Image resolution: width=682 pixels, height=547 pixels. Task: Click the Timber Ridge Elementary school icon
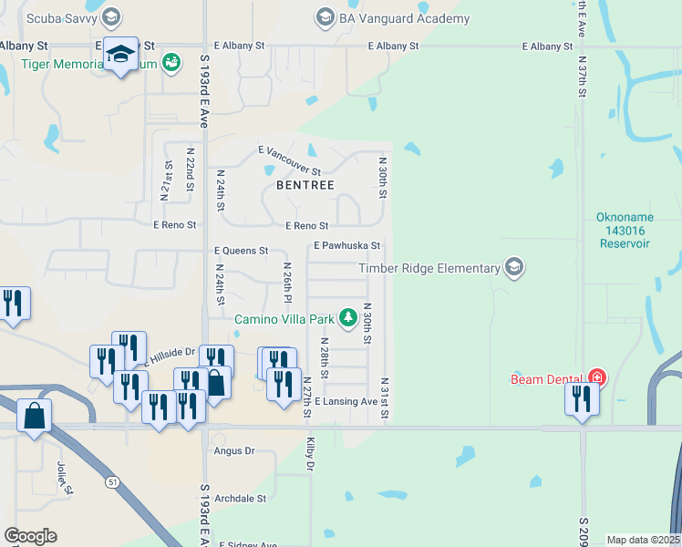point(514,267)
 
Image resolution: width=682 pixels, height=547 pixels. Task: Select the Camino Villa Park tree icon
point(347,318)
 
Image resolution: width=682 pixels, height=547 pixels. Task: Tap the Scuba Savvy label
point(62,17)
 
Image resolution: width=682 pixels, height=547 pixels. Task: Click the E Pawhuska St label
point(346,246)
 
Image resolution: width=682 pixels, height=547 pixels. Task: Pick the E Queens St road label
point(241,250)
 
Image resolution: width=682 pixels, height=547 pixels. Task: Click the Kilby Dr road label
point(310,454)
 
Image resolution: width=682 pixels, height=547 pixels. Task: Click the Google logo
point(30,536)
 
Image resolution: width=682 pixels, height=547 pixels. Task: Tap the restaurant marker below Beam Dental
point(581,399)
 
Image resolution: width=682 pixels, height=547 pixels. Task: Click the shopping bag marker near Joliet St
point(34,417)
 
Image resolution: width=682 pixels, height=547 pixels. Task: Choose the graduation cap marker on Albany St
point(121,55)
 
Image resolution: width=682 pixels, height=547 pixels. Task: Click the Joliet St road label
point(65,475)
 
